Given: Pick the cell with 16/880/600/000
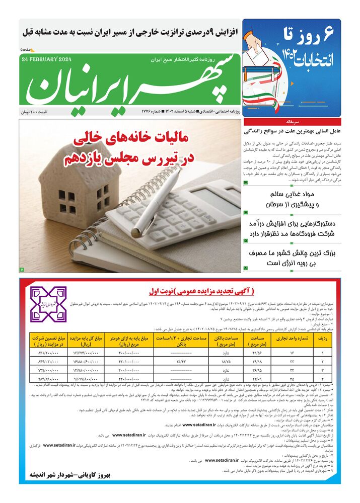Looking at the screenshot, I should (x=86, y=361).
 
